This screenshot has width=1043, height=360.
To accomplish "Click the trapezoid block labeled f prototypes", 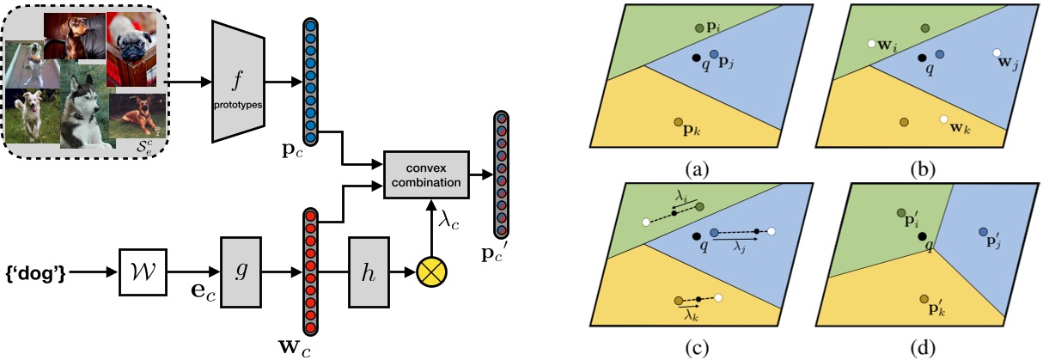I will tap(236, 82).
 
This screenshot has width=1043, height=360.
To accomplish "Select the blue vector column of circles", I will tap(309, 82).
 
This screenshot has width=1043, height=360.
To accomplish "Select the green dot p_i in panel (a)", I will tap(701, 29).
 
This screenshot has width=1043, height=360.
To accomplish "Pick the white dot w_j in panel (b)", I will tap(996, 52).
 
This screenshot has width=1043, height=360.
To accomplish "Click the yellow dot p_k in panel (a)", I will tap(679, 123).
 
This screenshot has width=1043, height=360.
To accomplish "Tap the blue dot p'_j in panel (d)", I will tap(983, 232).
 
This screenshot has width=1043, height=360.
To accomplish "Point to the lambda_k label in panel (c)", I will tap(690, 314).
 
